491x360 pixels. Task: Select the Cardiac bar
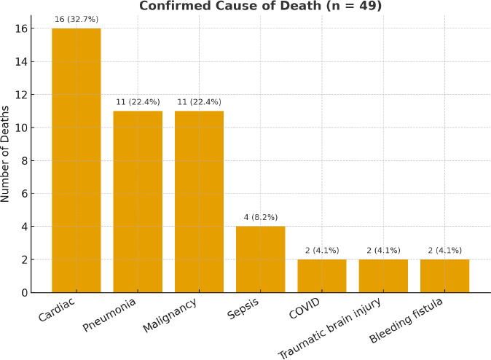point(76,160)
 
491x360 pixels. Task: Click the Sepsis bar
point(261,259)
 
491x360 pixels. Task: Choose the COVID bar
point(322,276)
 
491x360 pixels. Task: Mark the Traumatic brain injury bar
point(383,276)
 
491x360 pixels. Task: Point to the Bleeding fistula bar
point(444,276)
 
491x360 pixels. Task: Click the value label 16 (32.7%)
point(76,19)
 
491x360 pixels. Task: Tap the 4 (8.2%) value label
point(261,217)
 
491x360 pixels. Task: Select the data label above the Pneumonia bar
point(138,102)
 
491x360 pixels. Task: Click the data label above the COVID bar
point(322,251)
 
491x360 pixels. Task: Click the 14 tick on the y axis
point(24,62)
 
